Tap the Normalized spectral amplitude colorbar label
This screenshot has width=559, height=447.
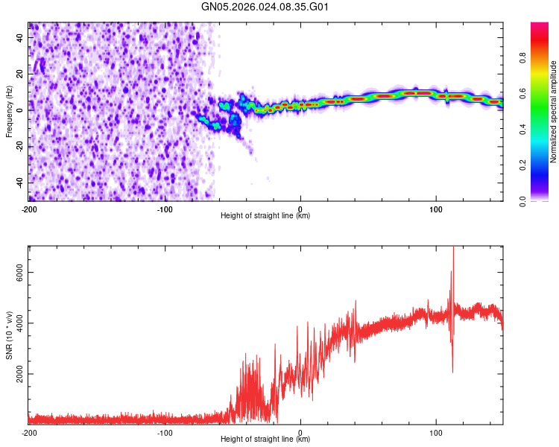click(x=553, y=112)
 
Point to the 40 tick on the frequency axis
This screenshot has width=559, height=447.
click(x=20, y=37)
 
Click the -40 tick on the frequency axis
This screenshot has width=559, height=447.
click(x=20, y=183)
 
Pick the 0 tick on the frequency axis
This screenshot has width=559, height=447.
click(x=20, y=110)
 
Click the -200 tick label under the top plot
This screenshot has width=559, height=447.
click(x=29, y=209)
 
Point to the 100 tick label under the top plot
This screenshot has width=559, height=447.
click(x=436, y=209)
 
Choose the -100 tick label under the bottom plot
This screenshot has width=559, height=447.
click(x=165, y=432)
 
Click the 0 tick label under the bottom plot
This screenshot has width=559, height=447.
click(x=300, y=432)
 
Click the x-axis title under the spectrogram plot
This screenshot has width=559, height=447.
click(x=265, y=216)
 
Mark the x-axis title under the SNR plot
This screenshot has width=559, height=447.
click(x=265, y=440)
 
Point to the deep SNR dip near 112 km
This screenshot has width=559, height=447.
click(x=452, y=371)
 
